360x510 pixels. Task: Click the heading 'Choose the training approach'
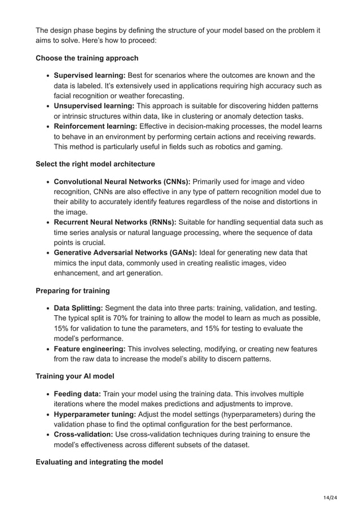click(x=87, y=58)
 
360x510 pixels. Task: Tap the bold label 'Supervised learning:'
click(x=89, y=76)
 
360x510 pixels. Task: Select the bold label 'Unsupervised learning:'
click(x=94, y=106)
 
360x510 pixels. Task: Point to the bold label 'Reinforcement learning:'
click(x=95, y=126)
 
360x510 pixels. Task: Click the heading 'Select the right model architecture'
click(x=95, y=164)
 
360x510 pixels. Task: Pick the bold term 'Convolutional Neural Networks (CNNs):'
click(x=123, y=182)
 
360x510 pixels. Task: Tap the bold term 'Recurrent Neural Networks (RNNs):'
click(x=115, y=222)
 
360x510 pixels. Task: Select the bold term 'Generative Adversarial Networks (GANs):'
click(x=125, y=252)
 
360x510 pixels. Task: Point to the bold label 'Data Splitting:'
click(x=78, y=308)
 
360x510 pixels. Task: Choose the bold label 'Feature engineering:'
click(x=89, y=348)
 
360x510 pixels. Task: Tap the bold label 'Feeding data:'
click(x=77, y=394)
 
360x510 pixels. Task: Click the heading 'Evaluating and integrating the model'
click(x=99, y=462)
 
